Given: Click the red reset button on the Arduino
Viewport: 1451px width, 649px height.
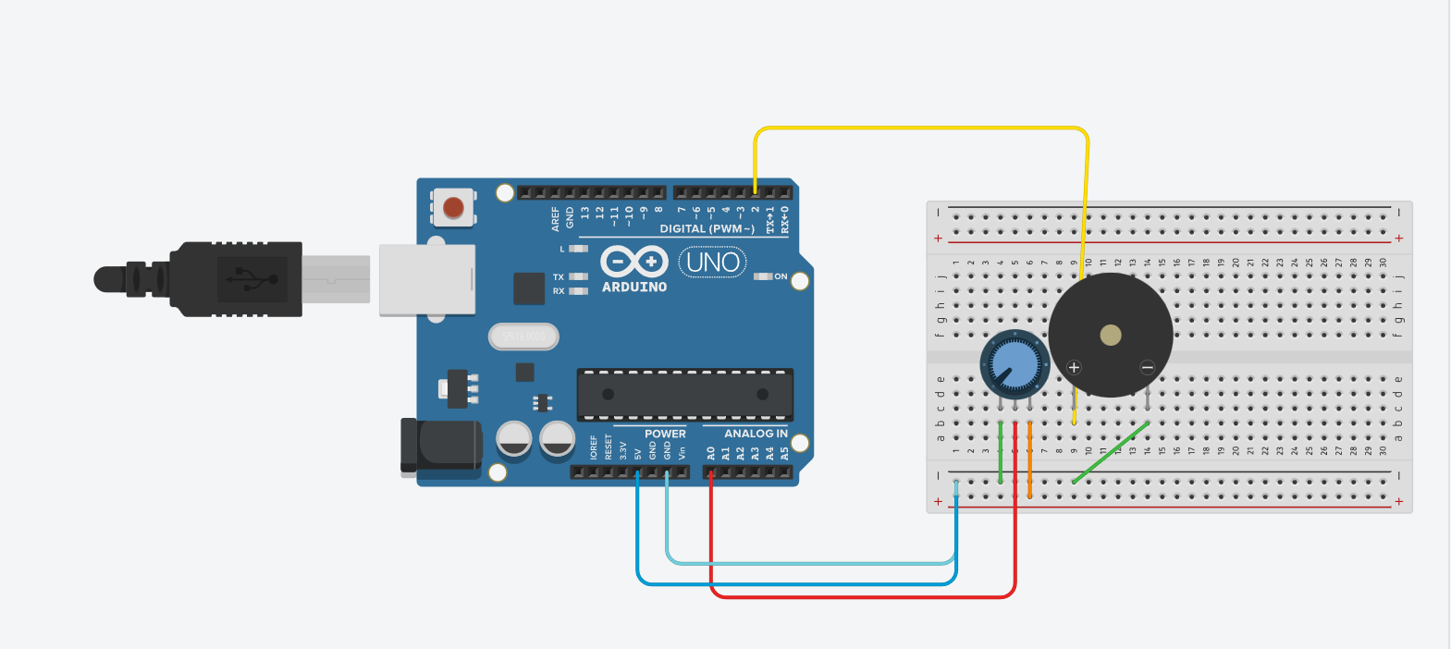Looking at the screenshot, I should [453, 207].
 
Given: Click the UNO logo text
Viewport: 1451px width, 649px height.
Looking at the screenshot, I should [713, 263].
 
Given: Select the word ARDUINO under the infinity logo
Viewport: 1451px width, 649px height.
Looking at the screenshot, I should [634, 288].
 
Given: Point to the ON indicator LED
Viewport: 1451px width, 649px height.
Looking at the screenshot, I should [763, 276].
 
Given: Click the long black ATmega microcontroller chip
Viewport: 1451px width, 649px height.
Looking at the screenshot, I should [684, 395].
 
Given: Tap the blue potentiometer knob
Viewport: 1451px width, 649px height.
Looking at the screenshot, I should [1014, 363].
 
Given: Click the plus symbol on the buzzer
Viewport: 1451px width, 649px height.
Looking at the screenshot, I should [1074, 367].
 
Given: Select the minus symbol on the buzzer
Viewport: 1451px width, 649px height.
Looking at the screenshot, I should [1147, 367].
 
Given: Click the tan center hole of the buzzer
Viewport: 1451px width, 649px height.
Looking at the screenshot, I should [1110, 335].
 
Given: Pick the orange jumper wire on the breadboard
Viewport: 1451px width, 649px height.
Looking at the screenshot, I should [1029, 460].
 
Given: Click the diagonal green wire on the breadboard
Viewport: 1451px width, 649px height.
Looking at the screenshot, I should [1111, 453].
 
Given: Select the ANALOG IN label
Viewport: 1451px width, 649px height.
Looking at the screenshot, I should [756, 434].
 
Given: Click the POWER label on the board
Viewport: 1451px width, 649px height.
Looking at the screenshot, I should [665, 434].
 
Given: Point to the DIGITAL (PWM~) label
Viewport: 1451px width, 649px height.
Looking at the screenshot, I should [707, 229].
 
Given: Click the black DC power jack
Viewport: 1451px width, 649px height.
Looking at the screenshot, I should [441, 447].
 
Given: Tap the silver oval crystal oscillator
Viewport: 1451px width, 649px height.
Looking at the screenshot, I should [523, 337].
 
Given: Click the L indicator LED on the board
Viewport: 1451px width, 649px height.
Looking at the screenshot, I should [578, 249].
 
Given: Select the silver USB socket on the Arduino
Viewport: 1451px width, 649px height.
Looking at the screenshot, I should [427, 279].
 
